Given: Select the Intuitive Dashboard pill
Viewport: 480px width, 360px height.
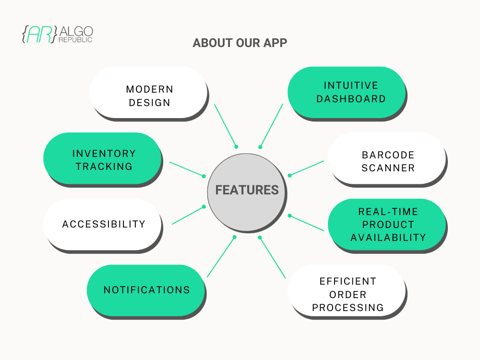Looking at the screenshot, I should [346, 92].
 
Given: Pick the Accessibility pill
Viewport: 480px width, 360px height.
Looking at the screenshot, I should [103, 224].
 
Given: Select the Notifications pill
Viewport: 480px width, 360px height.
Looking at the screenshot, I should [146, 290].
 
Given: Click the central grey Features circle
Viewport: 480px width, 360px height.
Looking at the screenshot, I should [247, 190].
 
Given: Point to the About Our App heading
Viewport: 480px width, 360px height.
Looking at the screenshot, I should [240, 43].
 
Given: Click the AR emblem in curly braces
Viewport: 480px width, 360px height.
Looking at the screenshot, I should [39, 34].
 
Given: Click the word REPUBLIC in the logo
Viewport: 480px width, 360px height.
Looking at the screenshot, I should [75, 40].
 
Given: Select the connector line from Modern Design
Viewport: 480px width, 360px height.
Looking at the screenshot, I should [225, 125].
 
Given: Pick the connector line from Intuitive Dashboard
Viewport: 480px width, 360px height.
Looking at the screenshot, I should [272, 125].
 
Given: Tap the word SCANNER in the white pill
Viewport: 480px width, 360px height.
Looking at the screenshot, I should [388, 168].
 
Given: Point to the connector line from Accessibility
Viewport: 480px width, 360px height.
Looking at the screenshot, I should [188, 215].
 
